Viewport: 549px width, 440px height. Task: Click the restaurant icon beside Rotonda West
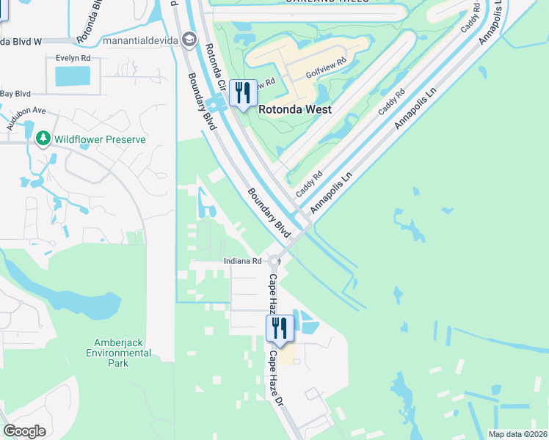click(243, 93)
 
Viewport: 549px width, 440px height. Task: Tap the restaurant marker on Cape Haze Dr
click(279, 327)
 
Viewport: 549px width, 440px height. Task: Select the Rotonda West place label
click(295, 109)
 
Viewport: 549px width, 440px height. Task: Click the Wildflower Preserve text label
click(100, 139)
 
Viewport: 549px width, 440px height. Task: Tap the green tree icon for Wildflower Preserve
click(43, 139)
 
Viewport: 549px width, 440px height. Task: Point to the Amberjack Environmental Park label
click(123, 353)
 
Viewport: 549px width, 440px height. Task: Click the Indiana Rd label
click(243, 261)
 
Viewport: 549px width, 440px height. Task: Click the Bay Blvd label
click(15, 93)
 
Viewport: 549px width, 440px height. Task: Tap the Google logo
click(24, 430)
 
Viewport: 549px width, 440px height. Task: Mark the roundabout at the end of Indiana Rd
click(274, 261)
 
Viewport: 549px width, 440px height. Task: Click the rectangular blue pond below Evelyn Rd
click(73, 76)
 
